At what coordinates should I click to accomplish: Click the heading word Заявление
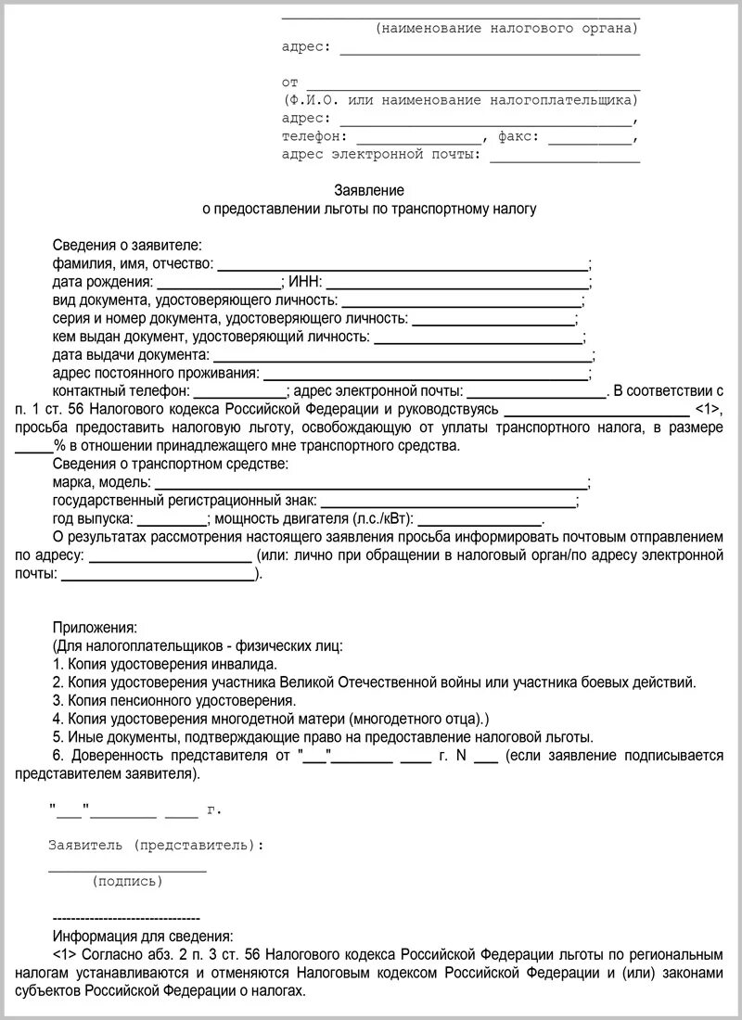coord(369,190)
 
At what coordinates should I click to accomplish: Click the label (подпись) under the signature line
coord(127,881)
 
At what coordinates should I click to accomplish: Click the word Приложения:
coord(95,627)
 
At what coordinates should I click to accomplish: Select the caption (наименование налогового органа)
coord(507,29)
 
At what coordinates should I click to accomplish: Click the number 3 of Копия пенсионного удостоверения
coord(58,700)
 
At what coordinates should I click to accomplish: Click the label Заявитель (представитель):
coord(155,845)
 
